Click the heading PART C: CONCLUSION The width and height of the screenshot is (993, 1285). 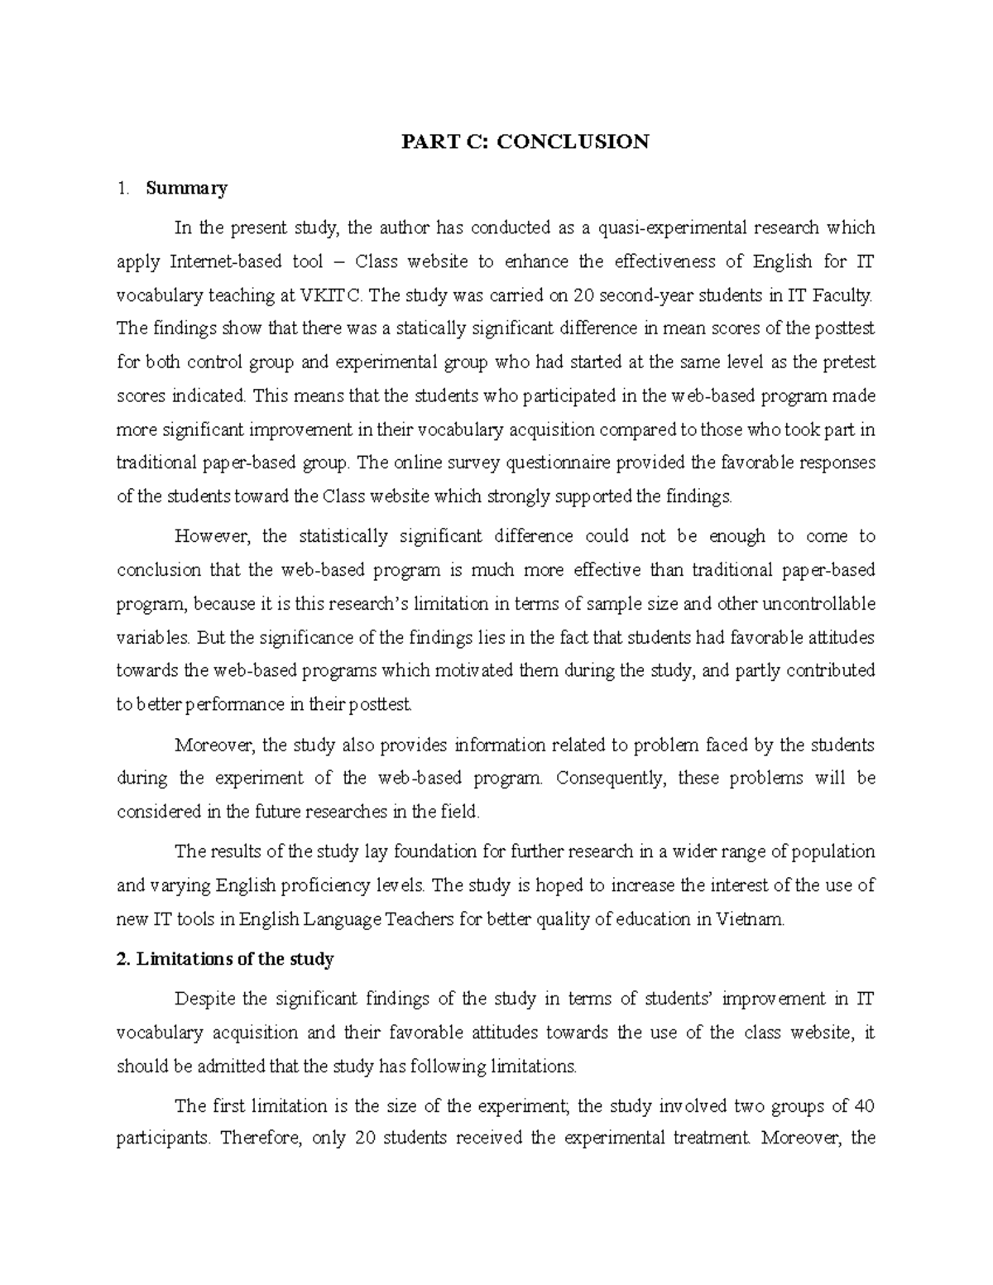pyautogui.click(x=525, y=142)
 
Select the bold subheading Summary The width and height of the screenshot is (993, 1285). pyautogui.click(x=186, y=189)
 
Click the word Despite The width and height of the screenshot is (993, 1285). pyautogui.click(x=204, y=999)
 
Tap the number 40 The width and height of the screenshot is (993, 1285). pyautogui.click(x=865, y=1106)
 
